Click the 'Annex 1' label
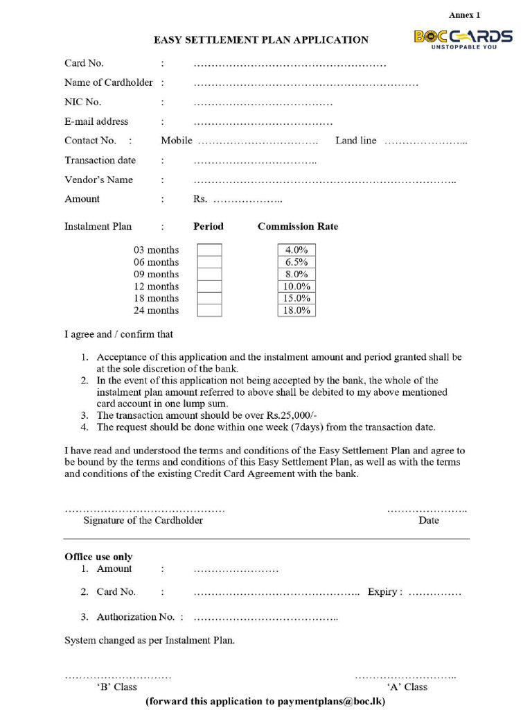point(464,15)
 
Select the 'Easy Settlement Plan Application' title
point(261,40)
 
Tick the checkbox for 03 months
point(209,250)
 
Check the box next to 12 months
point(209,286)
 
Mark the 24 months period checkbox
point(209,311)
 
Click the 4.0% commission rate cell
point(296,250)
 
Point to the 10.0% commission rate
point(296,286)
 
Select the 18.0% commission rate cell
point(296,311)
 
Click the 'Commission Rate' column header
point(298,227)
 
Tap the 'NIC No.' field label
point(83,102)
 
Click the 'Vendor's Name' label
point(98,180)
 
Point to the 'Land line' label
point(355,141)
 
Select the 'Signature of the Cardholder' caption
point(143,520)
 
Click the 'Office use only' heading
point(98,557)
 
